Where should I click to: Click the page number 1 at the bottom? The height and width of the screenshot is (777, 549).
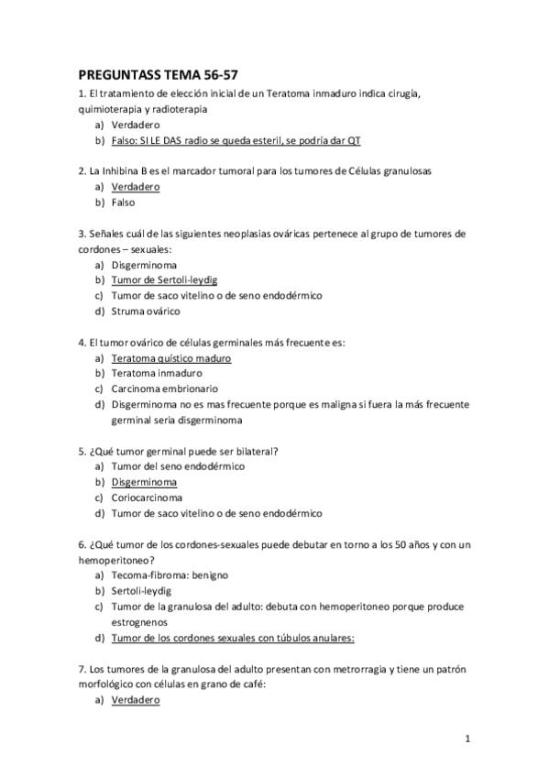coord(467,739)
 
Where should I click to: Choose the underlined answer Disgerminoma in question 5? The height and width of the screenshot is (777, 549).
coord(143,482)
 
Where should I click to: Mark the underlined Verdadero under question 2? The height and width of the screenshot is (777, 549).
coord(135,186)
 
